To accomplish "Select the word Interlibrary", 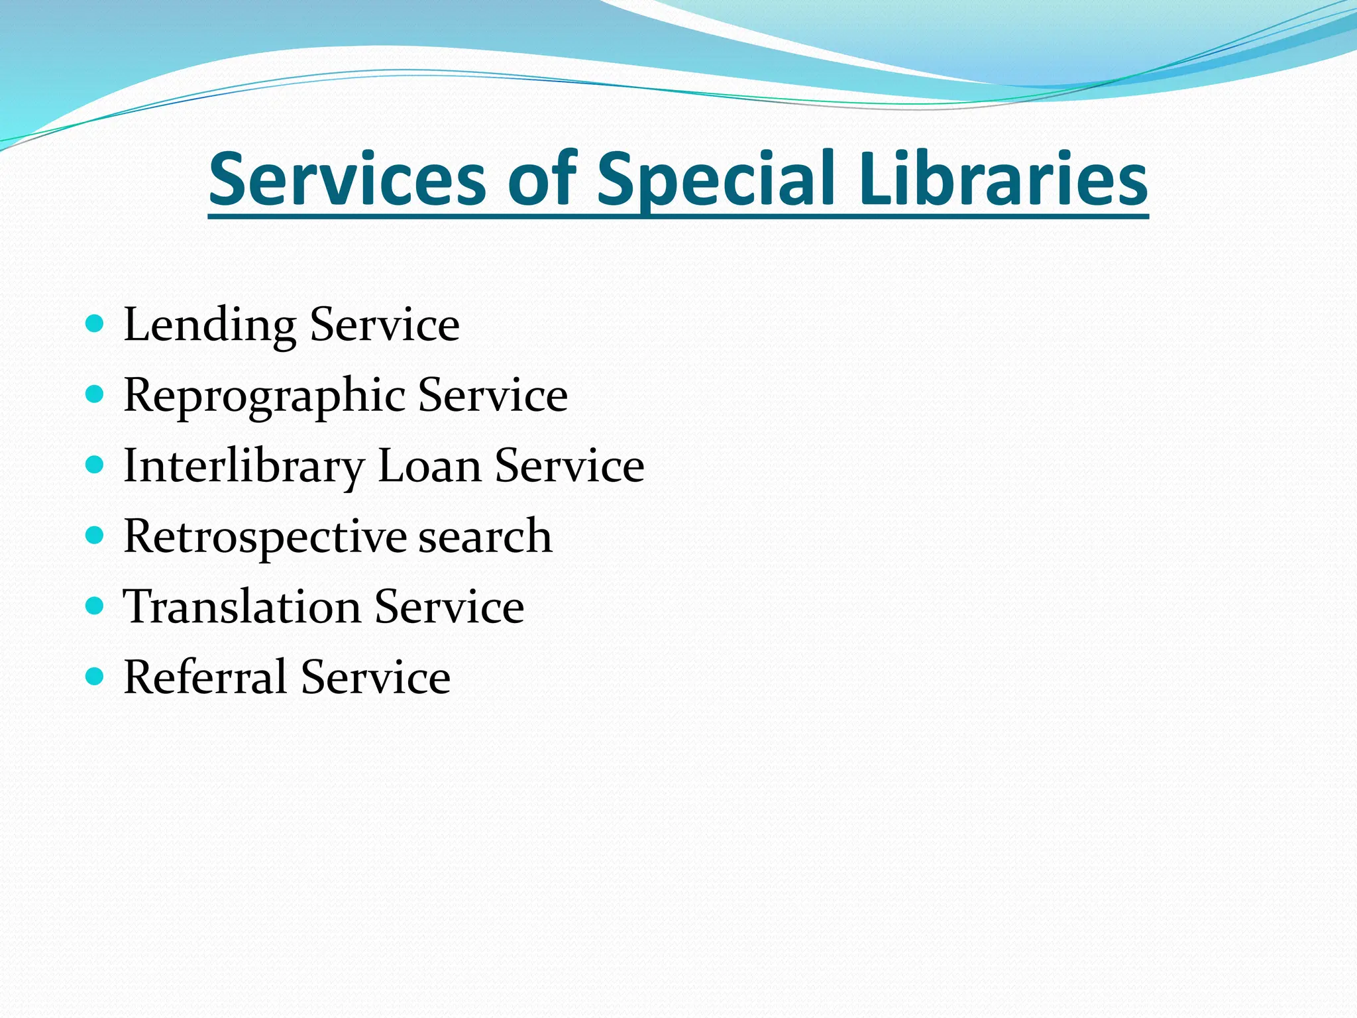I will (243, 467).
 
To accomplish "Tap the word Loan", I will (429, 465).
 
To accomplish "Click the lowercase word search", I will (485, 536).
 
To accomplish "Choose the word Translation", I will (242, 606).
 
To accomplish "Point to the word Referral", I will (205, 677).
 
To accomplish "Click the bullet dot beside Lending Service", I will (95, 324).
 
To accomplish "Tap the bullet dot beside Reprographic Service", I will (95, 395).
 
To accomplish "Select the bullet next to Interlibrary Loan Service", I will (95, 465).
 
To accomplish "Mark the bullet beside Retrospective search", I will (95, 536).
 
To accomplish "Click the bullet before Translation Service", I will (95, 606).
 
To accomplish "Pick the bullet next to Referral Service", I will (95, 676).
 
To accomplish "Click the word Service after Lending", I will (385, 325).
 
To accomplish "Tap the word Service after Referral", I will (376, 677).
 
